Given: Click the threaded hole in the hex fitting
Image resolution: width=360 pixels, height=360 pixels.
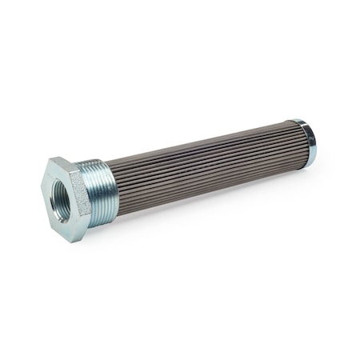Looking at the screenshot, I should coord(60,194).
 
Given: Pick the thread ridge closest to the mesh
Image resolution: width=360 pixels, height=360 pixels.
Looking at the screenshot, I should coord(113,183).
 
